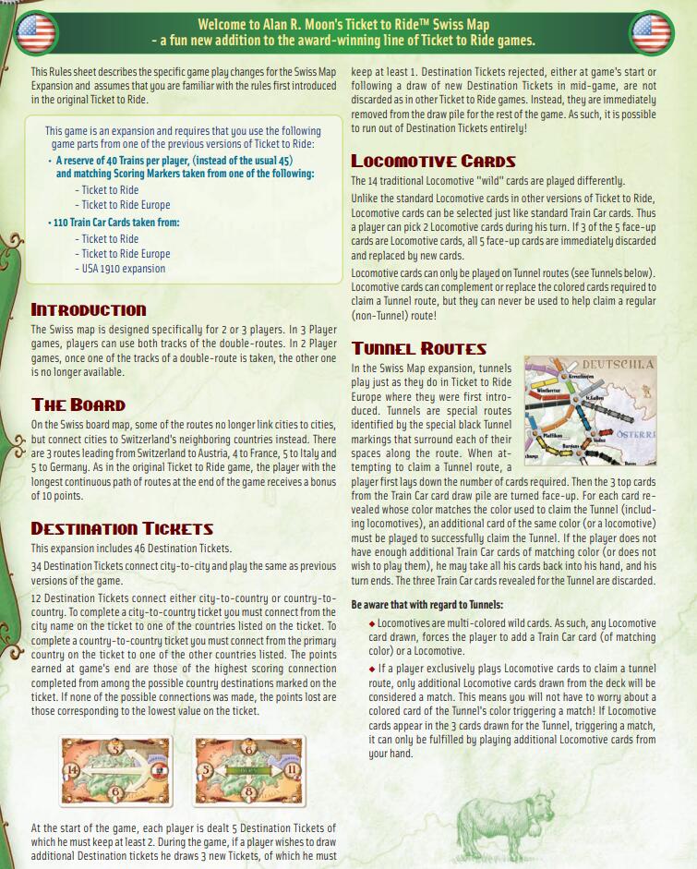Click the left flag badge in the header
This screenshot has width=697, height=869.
[35, 33]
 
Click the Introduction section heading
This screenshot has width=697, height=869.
[89, 309]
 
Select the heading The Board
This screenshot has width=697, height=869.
[78, 404]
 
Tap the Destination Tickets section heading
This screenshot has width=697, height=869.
[122, 528]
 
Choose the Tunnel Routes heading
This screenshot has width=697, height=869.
[418, 348]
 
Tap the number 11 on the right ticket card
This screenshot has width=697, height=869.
[292, 769]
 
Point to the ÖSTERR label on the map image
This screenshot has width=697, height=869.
[636, 433]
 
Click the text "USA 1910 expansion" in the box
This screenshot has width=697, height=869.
[123, 269]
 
